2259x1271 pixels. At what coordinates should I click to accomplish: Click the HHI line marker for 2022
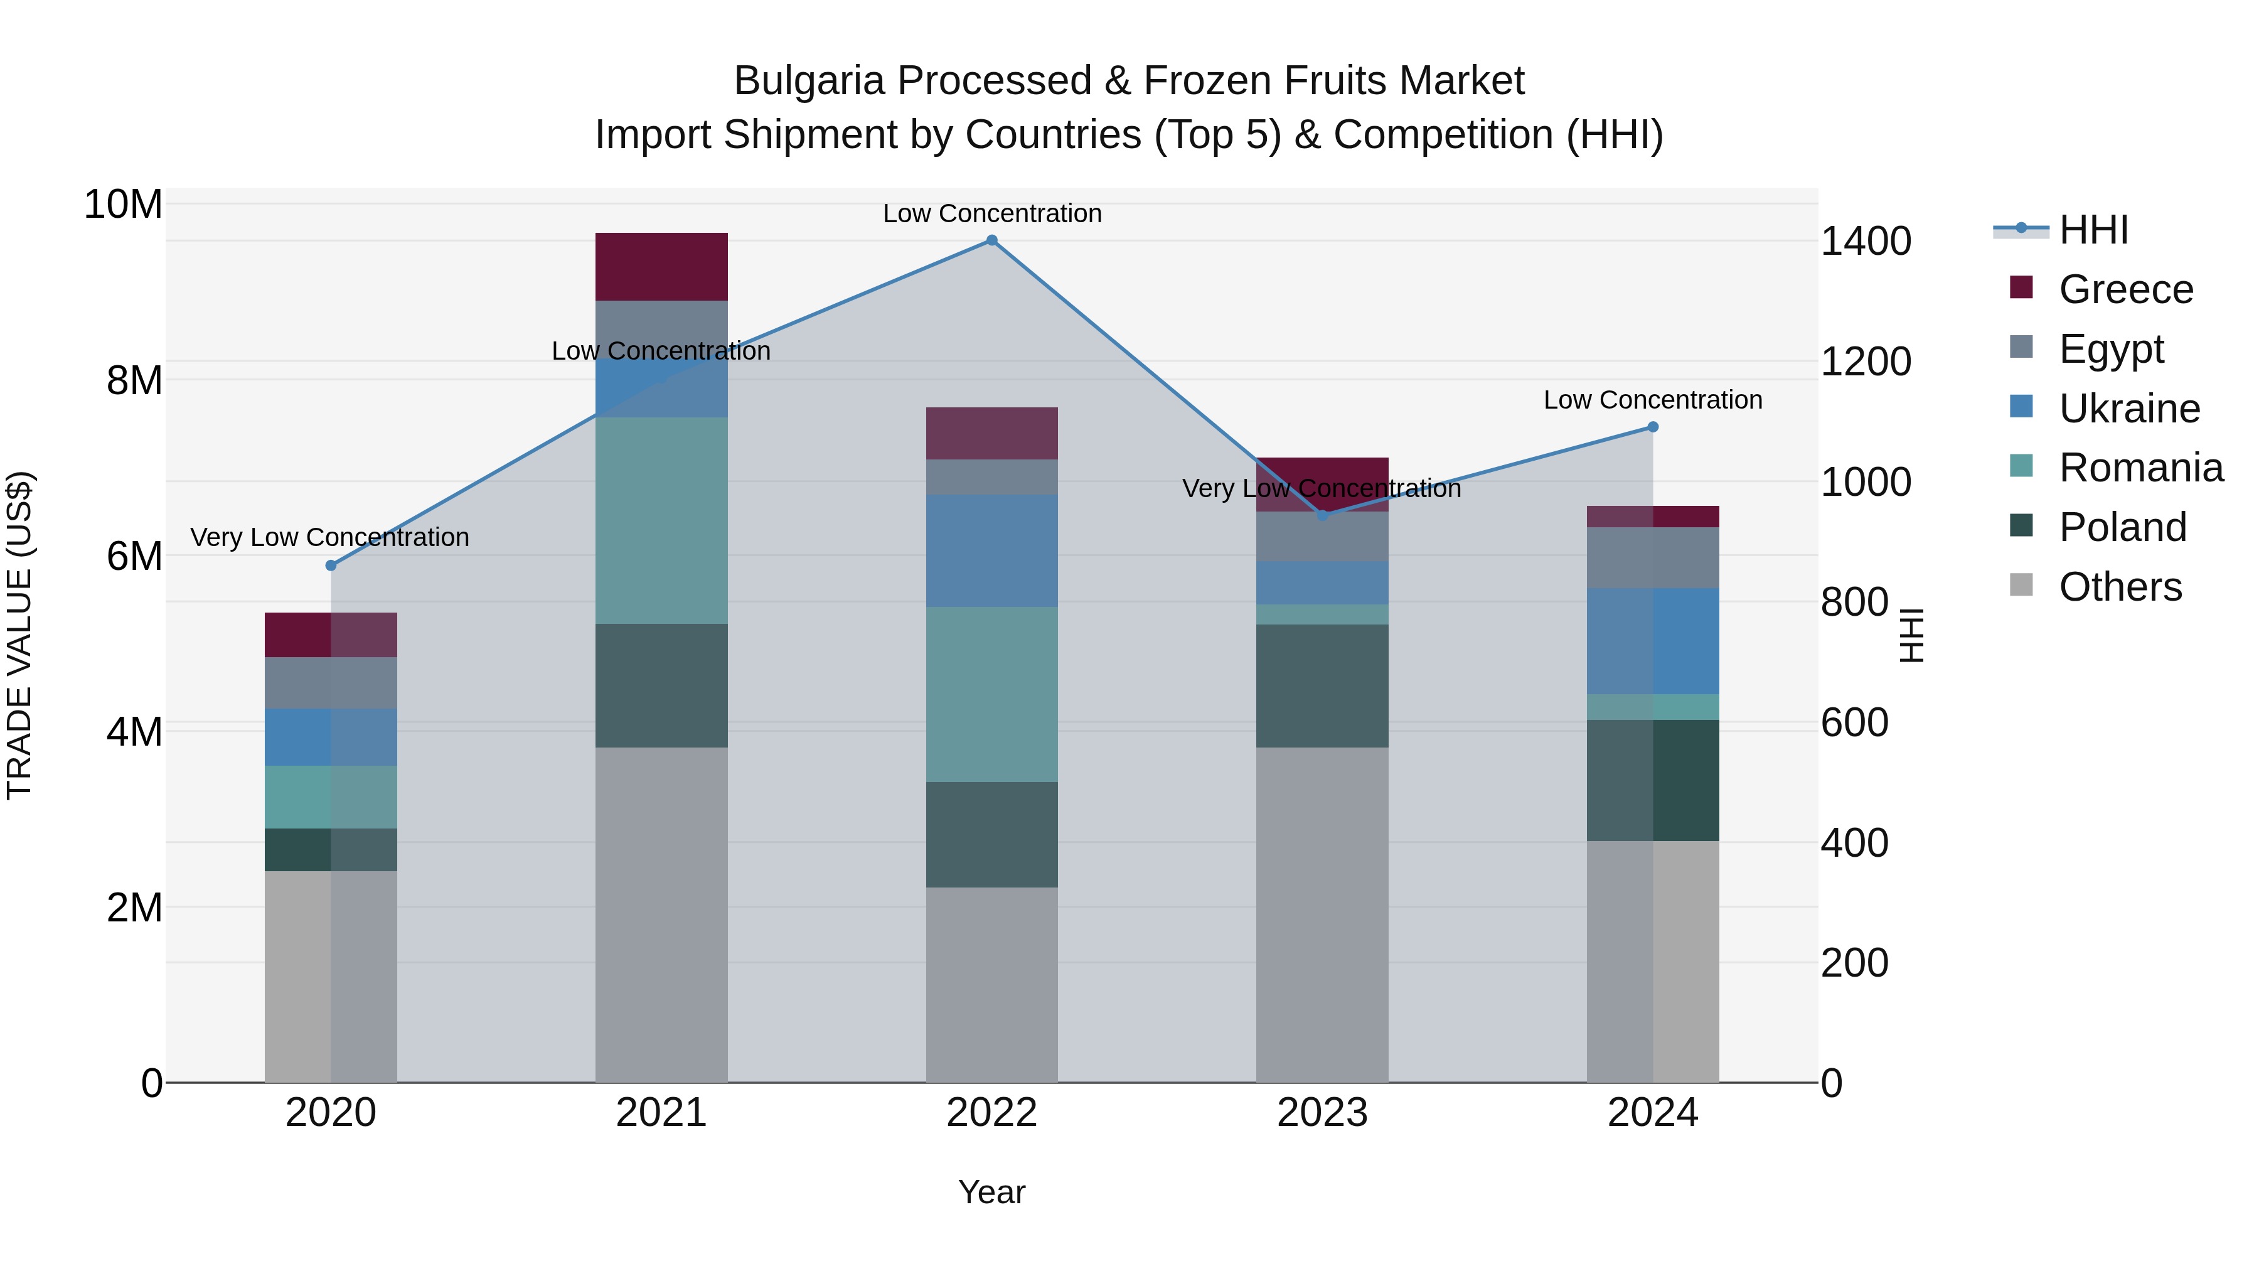click(992, 240)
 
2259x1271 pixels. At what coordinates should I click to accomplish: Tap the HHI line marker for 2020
click(331, 566)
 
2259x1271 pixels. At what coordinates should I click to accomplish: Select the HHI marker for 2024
click(1653, 427)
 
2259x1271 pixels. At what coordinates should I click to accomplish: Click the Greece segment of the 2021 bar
click(661, 267)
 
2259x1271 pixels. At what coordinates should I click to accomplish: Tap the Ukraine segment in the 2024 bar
click(1653, 641)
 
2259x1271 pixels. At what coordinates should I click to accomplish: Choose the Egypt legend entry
click(2110, 349)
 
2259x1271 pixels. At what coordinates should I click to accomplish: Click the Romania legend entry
click(2140, 468)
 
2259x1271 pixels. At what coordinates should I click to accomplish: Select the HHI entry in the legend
click(2092, 230)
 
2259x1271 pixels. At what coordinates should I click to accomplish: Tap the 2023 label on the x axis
click(1322, 1113)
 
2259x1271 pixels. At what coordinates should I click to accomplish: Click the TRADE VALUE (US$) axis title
click(19, 635)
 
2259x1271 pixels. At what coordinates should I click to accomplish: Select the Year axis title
click(992, 1192)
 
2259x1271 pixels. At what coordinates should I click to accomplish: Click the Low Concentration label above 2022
click(992, 213)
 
